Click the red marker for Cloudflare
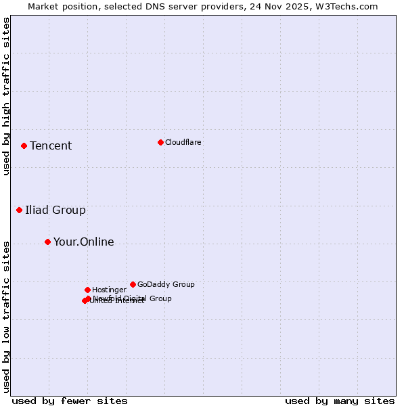160,142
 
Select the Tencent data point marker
24,145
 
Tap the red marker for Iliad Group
19,210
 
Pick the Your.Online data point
47,242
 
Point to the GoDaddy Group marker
133,284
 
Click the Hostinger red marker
87,290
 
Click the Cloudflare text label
183,142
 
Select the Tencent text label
51,145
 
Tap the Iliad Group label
55,210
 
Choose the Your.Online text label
84,242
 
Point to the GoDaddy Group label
166,284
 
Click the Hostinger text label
109,290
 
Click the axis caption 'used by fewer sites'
70,401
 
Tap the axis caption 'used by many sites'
340,401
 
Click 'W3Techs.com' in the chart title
348,6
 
